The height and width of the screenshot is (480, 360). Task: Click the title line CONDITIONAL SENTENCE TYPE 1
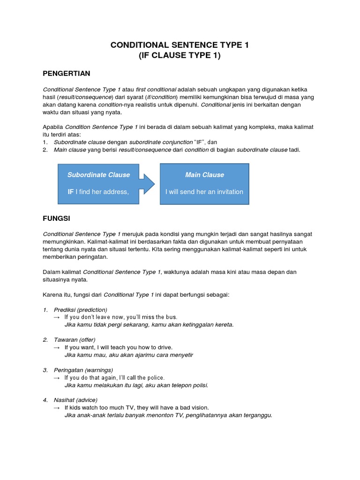coord(180,45)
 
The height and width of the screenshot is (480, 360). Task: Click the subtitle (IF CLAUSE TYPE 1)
coord(180,56)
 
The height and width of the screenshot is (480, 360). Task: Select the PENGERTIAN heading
coord(66,74)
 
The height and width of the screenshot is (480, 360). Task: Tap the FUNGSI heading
coord(57,218)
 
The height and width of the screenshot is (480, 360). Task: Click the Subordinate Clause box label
coord(98,175)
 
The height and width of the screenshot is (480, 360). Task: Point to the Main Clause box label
coord(204,175)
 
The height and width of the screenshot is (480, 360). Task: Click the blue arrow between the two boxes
coord(147,183)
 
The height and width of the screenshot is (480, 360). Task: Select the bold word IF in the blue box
coord(71,192)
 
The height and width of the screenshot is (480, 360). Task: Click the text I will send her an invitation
coord(204,192)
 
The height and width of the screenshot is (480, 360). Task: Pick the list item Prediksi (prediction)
coord(80,310)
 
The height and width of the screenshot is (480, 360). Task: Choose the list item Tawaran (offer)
coord(75,340)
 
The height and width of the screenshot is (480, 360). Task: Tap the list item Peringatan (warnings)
coord(83,370)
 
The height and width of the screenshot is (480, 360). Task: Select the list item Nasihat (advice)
coord(75,400)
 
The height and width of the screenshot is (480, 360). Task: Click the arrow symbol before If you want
coord(57,347)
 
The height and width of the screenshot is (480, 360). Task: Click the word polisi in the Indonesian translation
coord(199,385)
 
